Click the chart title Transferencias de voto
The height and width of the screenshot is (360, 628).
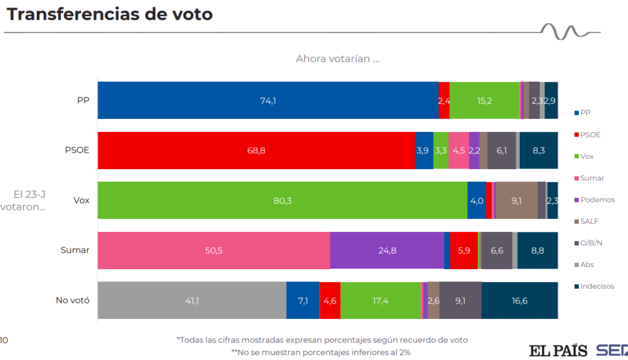109,14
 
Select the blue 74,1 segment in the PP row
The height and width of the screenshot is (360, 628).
268,101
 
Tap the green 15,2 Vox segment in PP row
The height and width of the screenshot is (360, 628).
484,101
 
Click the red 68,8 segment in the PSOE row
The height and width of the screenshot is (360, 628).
256,150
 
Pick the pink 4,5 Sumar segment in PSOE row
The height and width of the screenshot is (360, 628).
458,150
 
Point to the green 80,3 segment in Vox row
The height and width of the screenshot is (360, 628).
282,201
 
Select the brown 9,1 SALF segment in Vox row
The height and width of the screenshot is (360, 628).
516,201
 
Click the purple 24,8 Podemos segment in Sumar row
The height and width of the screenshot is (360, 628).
387,250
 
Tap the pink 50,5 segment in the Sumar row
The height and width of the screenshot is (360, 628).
214,250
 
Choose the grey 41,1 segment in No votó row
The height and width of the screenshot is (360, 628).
192,301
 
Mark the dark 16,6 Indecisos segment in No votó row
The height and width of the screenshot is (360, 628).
519,301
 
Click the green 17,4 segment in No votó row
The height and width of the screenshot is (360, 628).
380,301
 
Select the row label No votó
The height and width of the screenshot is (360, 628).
72,301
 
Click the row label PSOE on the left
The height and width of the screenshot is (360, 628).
77,150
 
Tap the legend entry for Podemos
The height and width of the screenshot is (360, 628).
596,200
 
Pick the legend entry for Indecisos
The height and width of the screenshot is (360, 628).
596,286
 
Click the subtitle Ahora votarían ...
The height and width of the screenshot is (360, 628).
337,59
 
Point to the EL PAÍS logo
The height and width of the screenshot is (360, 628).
558,350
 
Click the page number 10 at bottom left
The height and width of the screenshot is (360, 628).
4,340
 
